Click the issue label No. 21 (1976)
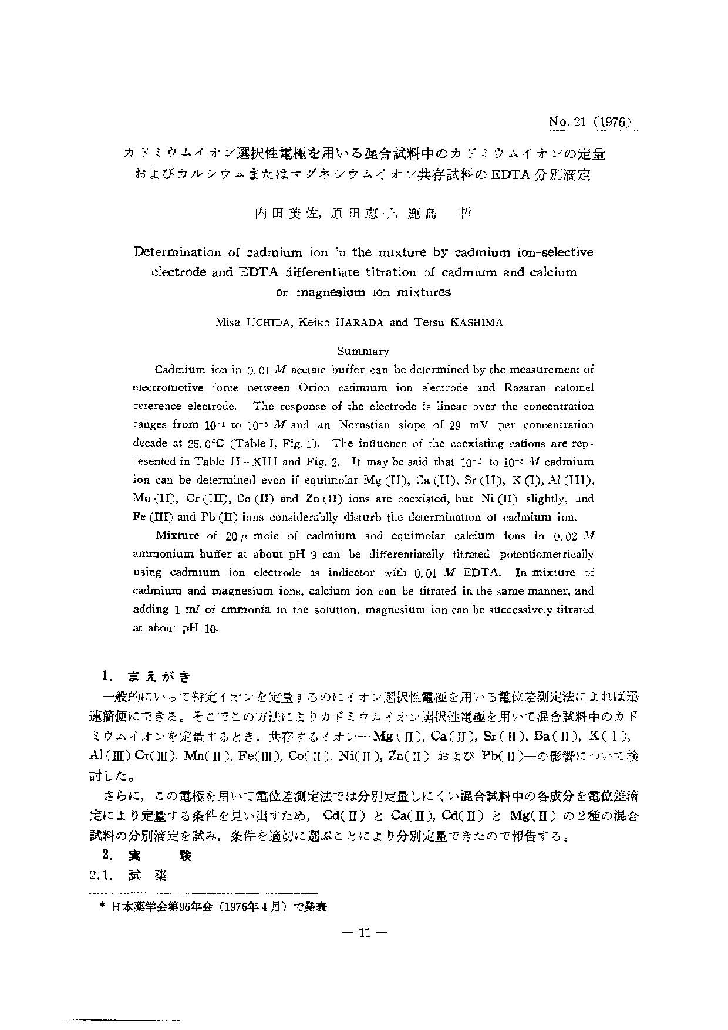pos(589,122)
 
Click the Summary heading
pos(363,351)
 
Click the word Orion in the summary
pos(318,387)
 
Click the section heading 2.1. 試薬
pos(127,875)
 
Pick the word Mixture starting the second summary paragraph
pos(179,535)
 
